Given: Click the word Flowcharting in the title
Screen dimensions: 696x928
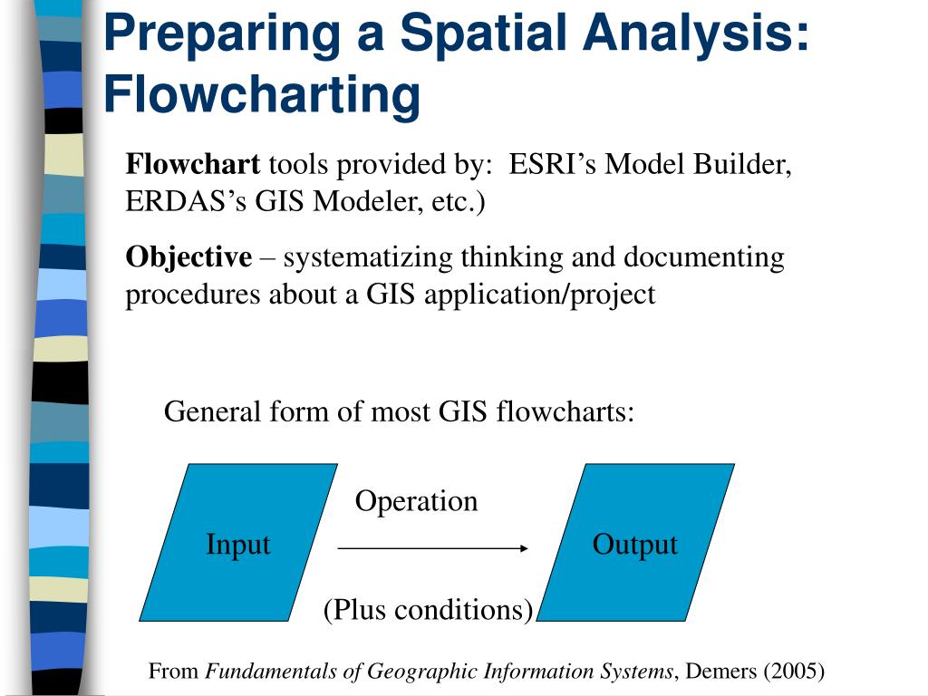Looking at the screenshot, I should click(x=262, y=94).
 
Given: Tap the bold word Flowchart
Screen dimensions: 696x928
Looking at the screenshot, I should click(x=193, y=165).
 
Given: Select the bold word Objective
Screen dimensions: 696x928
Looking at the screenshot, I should click(x=188, y=257).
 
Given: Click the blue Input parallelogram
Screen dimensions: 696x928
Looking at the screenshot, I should click(x=237, y=544).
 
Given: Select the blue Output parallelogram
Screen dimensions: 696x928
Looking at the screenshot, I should click(x=634, y=544).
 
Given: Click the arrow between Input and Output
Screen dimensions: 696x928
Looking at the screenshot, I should click(x=432, y=547).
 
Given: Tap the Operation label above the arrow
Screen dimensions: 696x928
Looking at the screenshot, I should click(x=416, y=501).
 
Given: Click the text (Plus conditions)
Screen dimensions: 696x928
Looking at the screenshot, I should click(x=428, y=610).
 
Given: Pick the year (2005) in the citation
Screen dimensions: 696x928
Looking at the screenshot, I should click(x=794, y=672).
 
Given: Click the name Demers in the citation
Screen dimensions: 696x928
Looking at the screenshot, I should click(x=721, y=672).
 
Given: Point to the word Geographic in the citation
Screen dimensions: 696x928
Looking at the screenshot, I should click(x=427, y=672).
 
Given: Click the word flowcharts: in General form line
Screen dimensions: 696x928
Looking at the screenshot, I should click(x=565, y=412).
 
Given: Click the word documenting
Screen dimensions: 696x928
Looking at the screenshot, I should click(x=703, y=257).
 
